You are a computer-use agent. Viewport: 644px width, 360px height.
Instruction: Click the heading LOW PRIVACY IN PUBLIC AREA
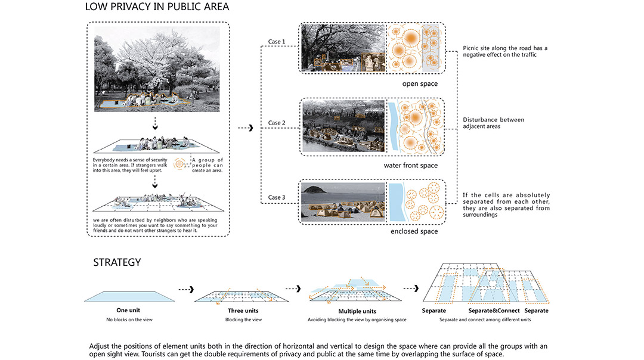157,7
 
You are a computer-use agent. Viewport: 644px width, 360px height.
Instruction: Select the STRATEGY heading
117,262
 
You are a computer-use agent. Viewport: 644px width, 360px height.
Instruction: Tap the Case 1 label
277,42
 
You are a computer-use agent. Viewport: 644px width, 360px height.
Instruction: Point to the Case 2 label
277,123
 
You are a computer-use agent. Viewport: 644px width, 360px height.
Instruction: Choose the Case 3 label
277,197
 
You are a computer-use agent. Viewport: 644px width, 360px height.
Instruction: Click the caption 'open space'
420,83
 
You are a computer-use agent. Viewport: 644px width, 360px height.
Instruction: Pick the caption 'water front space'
411,166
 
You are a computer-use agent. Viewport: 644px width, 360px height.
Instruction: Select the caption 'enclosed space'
414,231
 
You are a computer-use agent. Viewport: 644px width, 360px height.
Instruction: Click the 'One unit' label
128,311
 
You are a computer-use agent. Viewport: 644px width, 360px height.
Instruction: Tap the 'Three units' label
243,311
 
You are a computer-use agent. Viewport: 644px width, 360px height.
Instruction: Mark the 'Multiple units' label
357,311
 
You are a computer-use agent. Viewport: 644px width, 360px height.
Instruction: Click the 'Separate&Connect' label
494,311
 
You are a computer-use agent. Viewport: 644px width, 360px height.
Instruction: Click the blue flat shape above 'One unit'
129,296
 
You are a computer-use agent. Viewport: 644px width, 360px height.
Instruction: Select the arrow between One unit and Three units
186,290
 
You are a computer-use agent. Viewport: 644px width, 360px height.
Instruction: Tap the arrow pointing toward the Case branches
246,128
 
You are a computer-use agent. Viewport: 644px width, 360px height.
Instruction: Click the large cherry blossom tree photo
157,69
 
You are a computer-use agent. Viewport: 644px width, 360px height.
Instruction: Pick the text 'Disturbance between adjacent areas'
493,123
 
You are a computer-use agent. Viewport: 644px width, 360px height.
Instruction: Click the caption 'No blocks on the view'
129,320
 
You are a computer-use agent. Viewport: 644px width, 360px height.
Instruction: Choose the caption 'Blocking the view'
243,320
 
